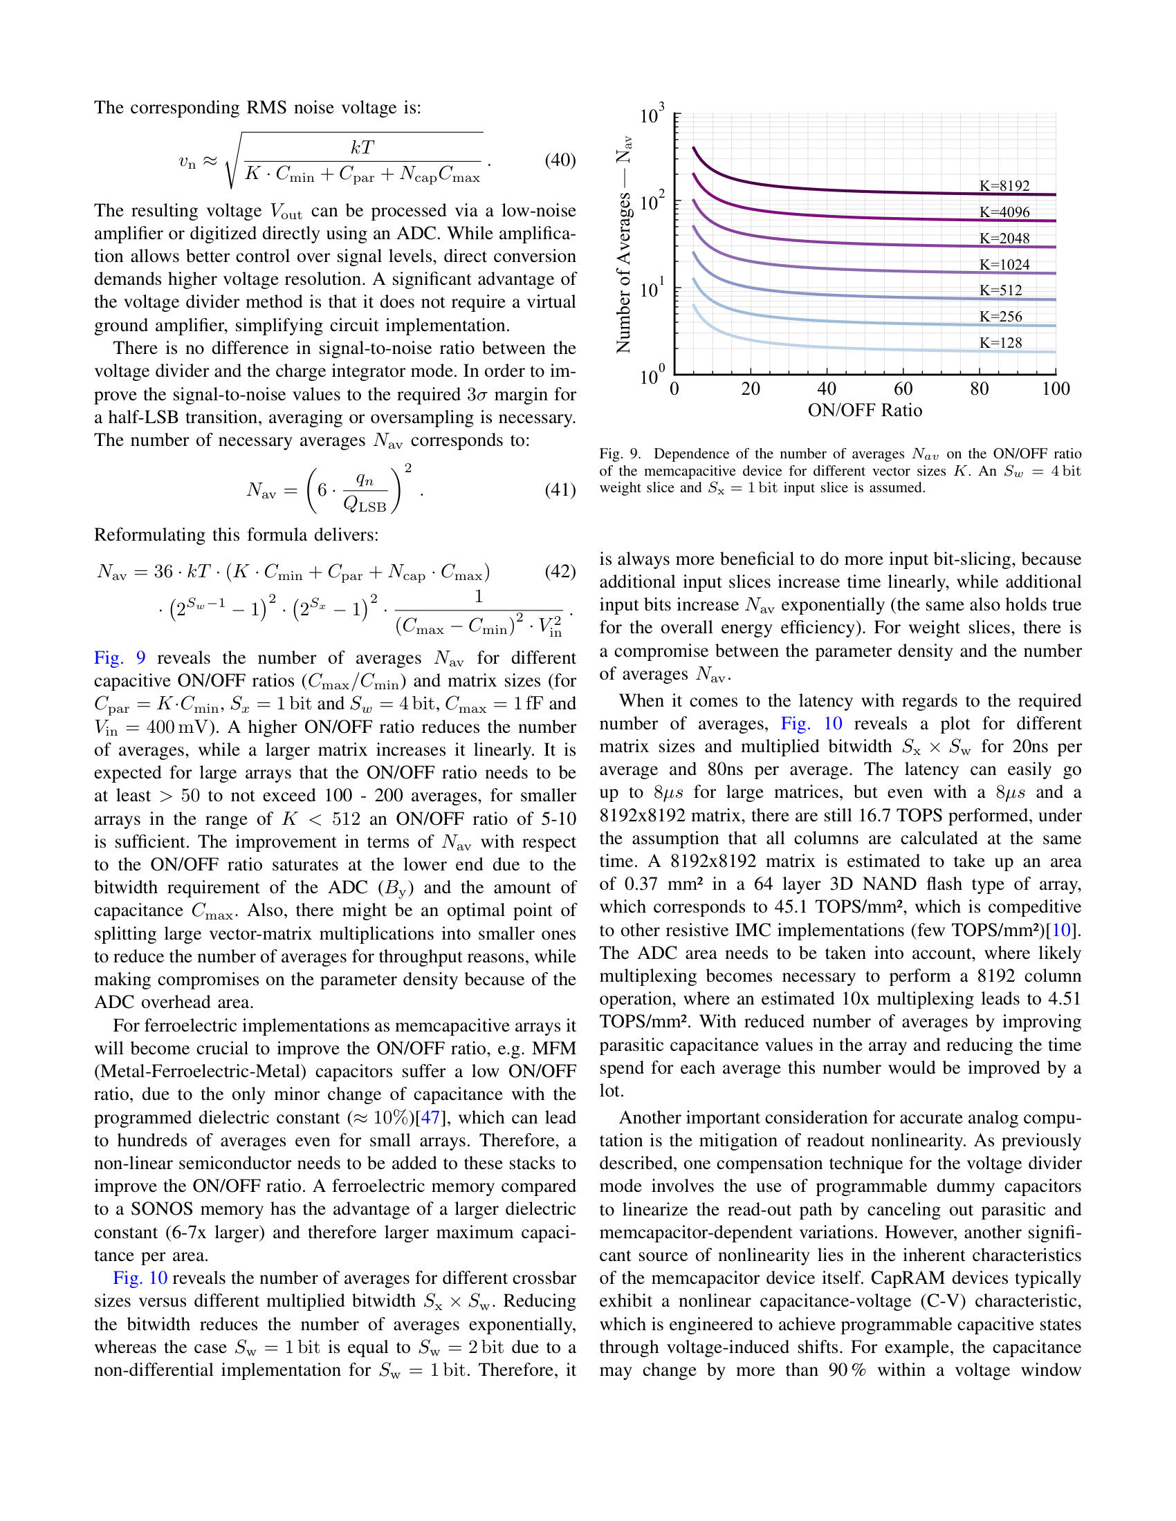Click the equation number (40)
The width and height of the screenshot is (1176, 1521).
pyautogui.click(x=560, y=160)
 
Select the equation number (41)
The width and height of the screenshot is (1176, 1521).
pyautogui.click(x=560, y=489)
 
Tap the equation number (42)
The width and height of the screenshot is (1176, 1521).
pyautogui.click(x=560, y=571)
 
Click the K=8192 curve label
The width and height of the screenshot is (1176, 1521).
pyautogui.click(x=1004, y=186)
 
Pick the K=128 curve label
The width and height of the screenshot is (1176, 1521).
pyautogui.click(x=1000, y=343)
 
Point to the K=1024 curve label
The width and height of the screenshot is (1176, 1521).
pyautogui.click(x=1004, y=265)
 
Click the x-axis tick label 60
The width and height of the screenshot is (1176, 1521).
pyautogui.click(x=903, y=389)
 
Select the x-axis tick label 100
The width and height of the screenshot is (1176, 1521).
pyautogui.click(x=1056, y=389)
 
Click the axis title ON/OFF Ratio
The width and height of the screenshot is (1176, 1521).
pyautogui.click(x=865, y=410)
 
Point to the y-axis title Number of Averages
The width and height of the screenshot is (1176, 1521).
pyautogui.click(x=623, y=244)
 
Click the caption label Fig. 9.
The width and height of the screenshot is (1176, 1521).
pyautogui.click(x=619, y=454)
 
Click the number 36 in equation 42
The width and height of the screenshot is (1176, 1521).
pyautogui.click(x=163, y=572)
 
